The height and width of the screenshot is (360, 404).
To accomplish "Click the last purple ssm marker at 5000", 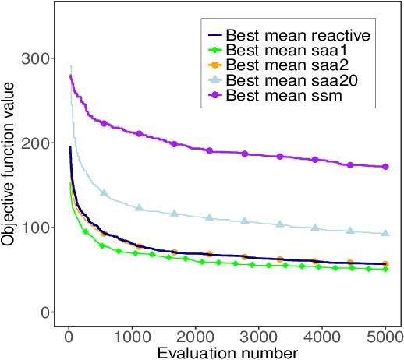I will [385, 167].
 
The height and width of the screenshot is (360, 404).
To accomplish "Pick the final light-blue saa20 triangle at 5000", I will [385, 234].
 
